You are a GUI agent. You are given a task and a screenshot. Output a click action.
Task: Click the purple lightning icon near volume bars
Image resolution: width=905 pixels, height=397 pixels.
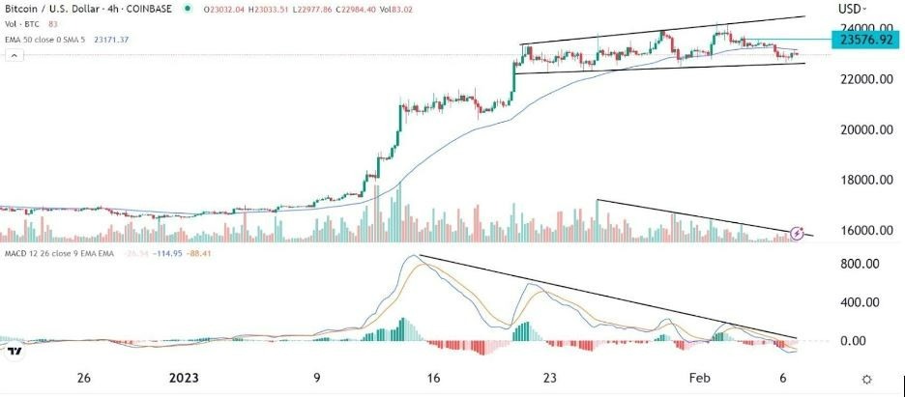pos(798,233)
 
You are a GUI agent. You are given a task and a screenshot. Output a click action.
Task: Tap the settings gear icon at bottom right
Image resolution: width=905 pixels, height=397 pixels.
pos(866,380)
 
